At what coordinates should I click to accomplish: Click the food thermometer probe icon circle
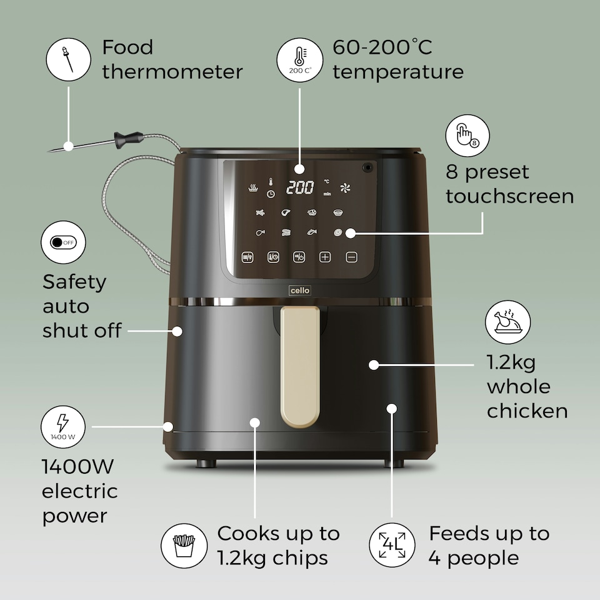pyautogui.click(x=69, y=59)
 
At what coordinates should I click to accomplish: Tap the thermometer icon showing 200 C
pyautogui.click(x=300, y=60)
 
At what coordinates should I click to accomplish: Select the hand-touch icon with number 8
pyautogui.click(x=467, y=136)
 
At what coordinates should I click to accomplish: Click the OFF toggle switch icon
pyautogui.click(x=63, y=242)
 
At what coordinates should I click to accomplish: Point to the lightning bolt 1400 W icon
pyautogui.click(x=62, y=427)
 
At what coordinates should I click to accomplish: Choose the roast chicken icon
pyautogui.click(x=507, y=322)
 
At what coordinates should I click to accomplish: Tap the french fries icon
pyautogui.click(x=184, y=546)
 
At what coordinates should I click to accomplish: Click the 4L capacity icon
pyautogui.click(x=392, y=545)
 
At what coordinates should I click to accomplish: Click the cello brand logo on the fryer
pyautogui.click(x=300, y=291)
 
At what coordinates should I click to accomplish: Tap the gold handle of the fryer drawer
pyautogui.click(x=300, y=367)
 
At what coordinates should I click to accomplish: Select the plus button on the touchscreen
pyautogui.click(x=325, y=257)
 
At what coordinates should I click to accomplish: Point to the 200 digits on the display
pyautogui.click(x=300, y=187)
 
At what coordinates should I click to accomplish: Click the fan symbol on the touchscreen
pyautogui.click(x=345, y=188)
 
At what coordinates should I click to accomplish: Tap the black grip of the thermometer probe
pyautogui.click(x=128, y=139)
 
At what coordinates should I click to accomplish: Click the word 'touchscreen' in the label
pyautogui.click(x=510, y=196)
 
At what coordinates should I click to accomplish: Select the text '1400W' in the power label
pyautogui.click(x=77, y=466)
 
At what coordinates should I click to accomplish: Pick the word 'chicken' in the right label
pyautogui.click(x=527, y=411)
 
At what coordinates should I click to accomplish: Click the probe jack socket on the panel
pyautogui.click(x=367, y=167)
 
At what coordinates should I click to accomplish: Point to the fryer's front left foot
pyautogui.click(x=206, y=464)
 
